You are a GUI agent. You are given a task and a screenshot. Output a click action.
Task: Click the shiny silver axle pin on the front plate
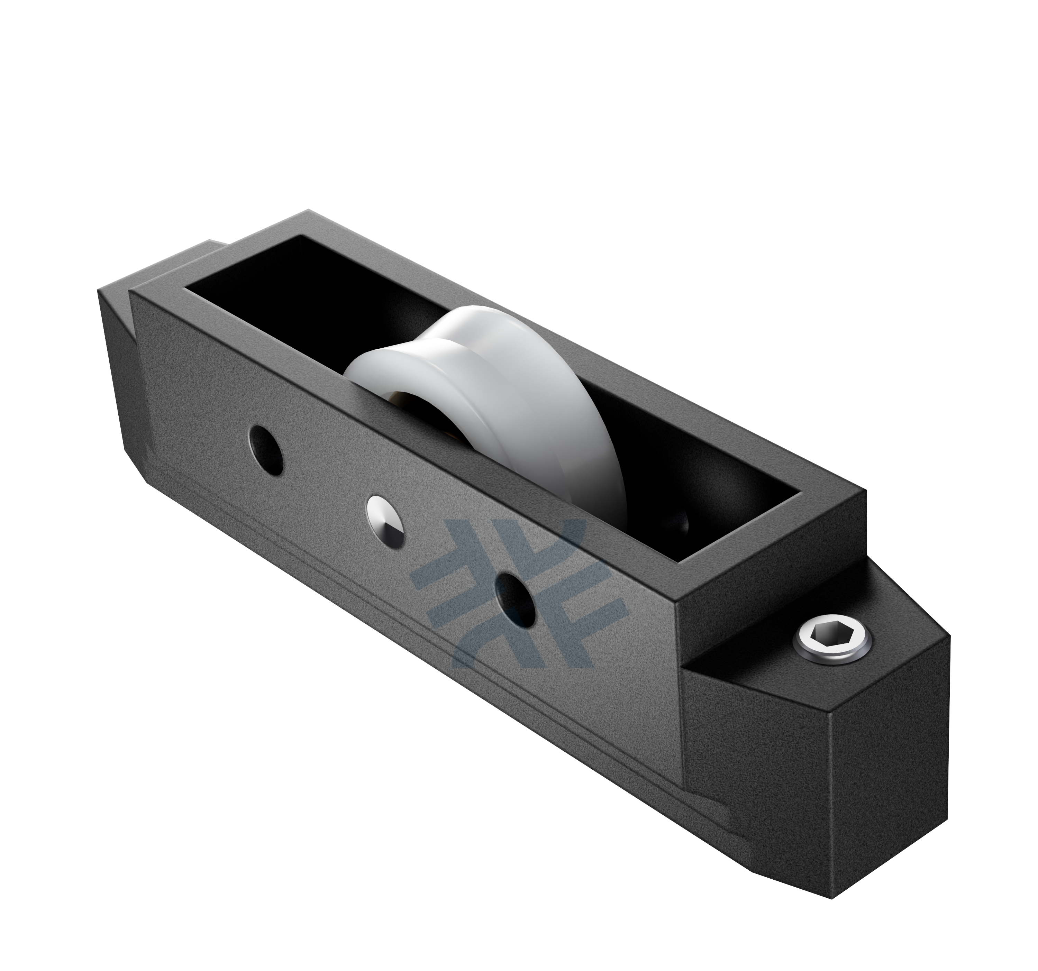tap(386, 522)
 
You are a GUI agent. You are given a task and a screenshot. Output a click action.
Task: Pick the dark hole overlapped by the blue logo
tap(516, 598)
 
